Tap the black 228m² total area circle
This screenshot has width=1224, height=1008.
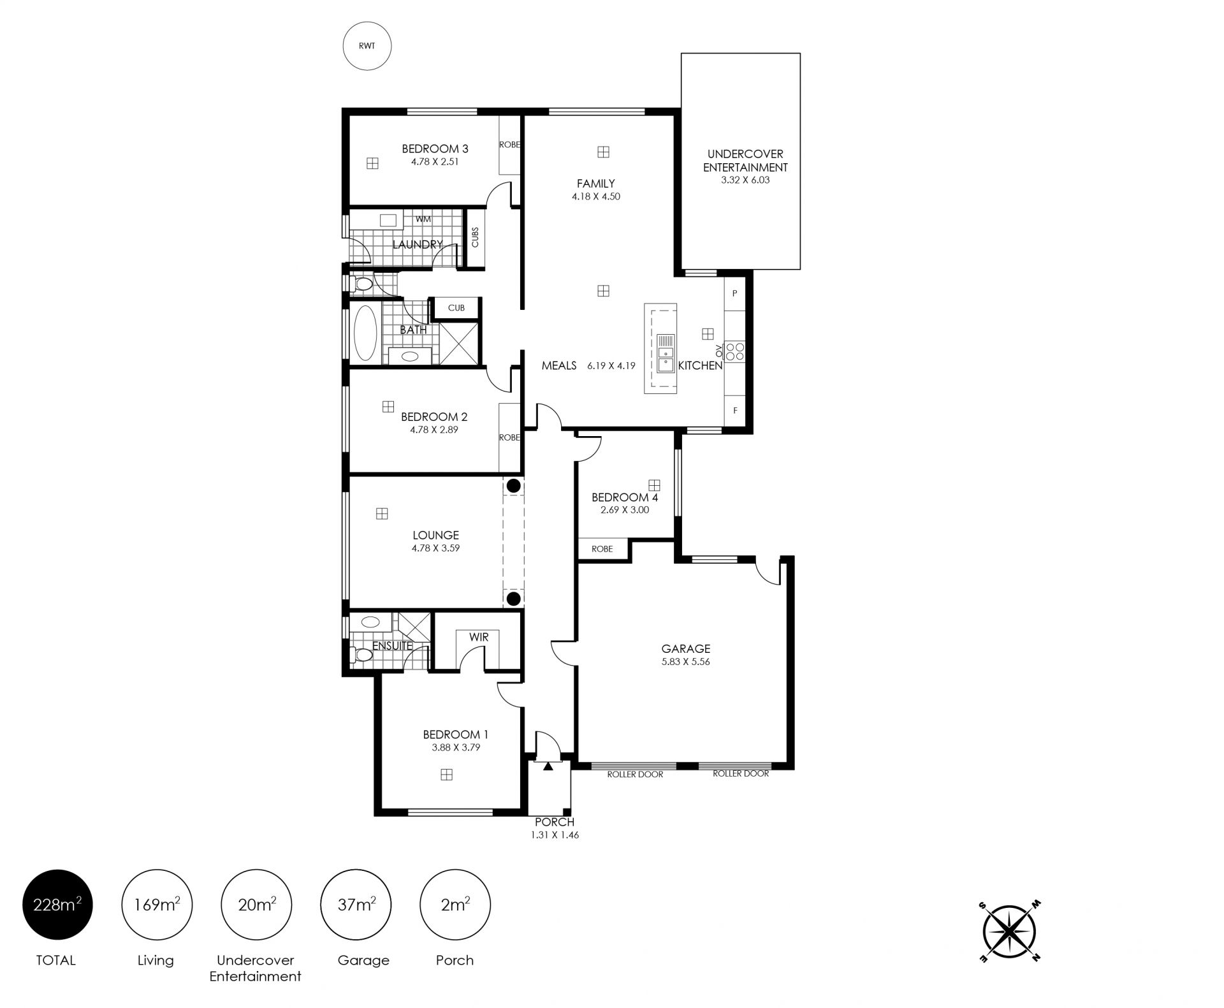(57, 904)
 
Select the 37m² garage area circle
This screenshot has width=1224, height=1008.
(356, 904)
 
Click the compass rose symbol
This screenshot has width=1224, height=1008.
(1010, 931)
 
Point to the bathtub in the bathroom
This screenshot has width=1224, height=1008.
(365, 333)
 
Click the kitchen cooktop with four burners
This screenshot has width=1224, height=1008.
(735, 352)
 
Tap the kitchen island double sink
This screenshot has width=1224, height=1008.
(666, 353)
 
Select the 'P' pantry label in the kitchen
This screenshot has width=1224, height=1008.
(734, 293)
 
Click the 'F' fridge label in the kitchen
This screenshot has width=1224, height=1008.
(735, 411)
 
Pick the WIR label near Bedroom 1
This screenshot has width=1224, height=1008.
(479, 637)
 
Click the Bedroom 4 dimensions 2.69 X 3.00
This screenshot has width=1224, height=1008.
(625, 510)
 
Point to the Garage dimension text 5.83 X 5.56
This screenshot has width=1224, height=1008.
(686, 661)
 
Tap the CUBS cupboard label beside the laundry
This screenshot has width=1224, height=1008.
(475, 238)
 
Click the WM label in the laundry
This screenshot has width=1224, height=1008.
(423, 219)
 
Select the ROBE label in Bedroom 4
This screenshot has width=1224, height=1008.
(602, 549)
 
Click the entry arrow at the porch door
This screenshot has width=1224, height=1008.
(548, 766)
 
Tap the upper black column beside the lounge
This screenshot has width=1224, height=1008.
(514, 486)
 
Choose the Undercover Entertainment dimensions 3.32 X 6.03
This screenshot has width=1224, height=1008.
(745, 180)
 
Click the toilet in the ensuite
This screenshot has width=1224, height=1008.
(362, 655)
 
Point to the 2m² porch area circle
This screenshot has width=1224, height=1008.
(455, 904)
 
